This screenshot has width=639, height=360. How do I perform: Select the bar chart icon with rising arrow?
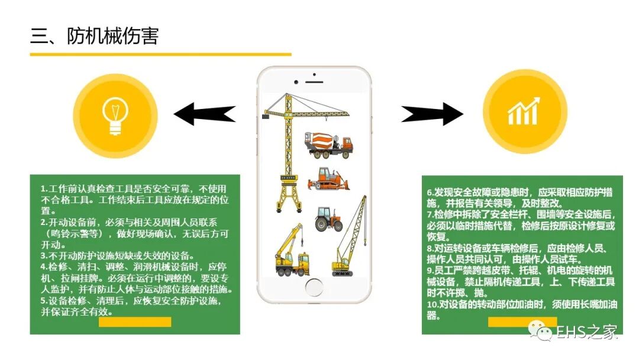[524, 112]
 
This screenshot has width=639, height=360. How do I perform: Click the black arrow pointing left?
[204, 114]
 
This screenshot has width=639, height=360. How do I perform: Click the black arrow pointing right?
[433, 113]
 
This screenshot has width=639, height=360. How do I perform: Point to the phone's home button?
[314, 287]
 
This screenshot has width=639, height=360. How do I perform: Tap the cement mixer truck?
[328, 145]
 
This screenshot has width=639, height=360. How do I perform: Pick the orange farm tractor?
[329, 218]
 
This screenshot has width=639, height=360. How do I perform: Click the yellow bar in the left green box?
[135, 322]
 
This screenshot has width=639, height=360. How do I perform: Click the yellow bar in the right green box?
[514, 322]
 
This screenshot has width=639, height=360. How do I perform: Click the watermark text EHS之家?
[586, 333]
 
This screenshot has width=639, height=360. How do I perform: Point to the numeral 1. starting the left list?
[44, 189]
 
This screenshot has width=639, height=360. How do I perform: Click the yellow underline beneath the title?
[160, 54]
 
